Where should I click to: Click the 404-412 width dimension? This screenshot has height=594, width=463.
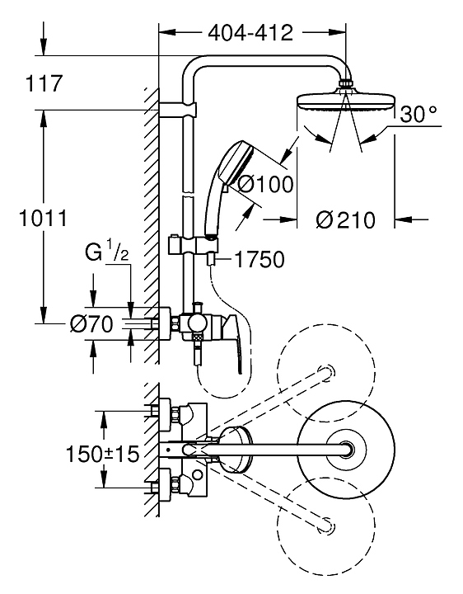coord(250,33)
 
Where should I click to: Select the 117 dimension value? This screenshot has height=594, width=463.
coord(44,83)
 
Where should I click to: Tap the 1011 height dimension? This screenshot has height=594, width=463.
coord(43,218)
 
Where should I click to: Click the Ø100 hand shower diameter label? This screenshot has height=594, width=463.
coord(266,185)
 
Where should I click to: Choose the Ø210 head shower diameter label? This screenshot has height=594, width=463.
coord(345,220)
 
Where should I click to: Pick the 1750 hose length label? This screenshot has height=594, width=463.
coord(260,260)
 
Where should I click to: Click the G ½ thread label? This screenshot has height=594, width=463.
coord(107,252)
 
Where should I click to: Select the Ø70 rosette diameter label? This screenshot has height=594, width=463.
coord(91,324)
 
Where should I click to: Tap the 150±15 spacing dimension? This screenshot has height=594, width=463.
coord(102,454)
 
